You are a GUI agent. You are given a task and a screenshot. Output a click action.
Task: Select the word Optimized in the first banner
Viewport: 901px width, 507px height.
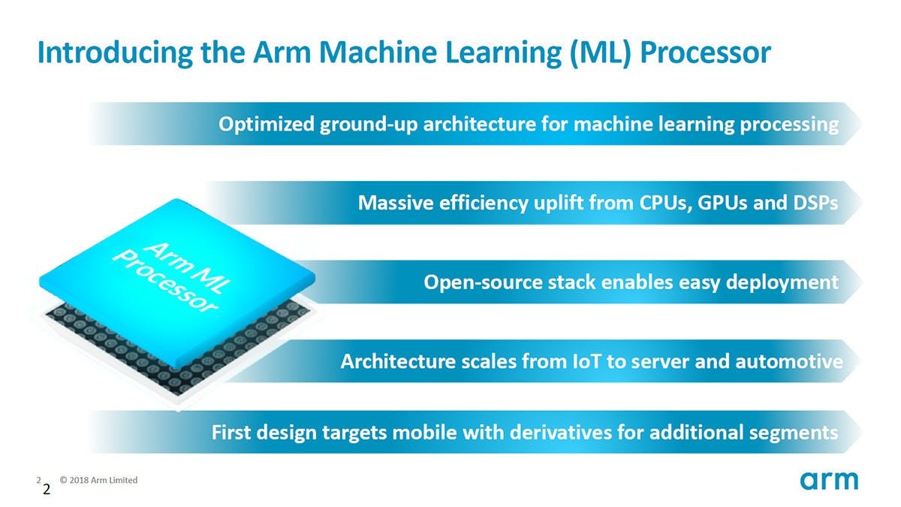pos(264,124)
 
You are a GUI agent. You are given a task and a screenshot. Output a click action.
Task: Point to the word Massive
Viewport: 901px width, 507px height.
pos(394,203)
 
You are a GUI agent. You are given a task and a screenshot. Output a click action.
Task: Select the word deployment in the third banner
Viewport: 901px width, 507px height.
pos(781,282)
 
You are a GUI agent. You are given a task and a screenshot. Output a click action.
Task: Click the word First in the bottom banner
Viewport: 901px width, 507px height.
pos(232,433)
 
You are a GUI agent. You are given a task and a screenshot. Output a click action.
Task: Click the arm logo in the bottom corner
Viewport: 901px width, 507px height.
pos(828,481)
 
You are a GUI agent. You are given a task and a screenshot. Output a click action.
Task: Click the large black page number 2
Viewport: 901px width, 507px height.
pos(47,490)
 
